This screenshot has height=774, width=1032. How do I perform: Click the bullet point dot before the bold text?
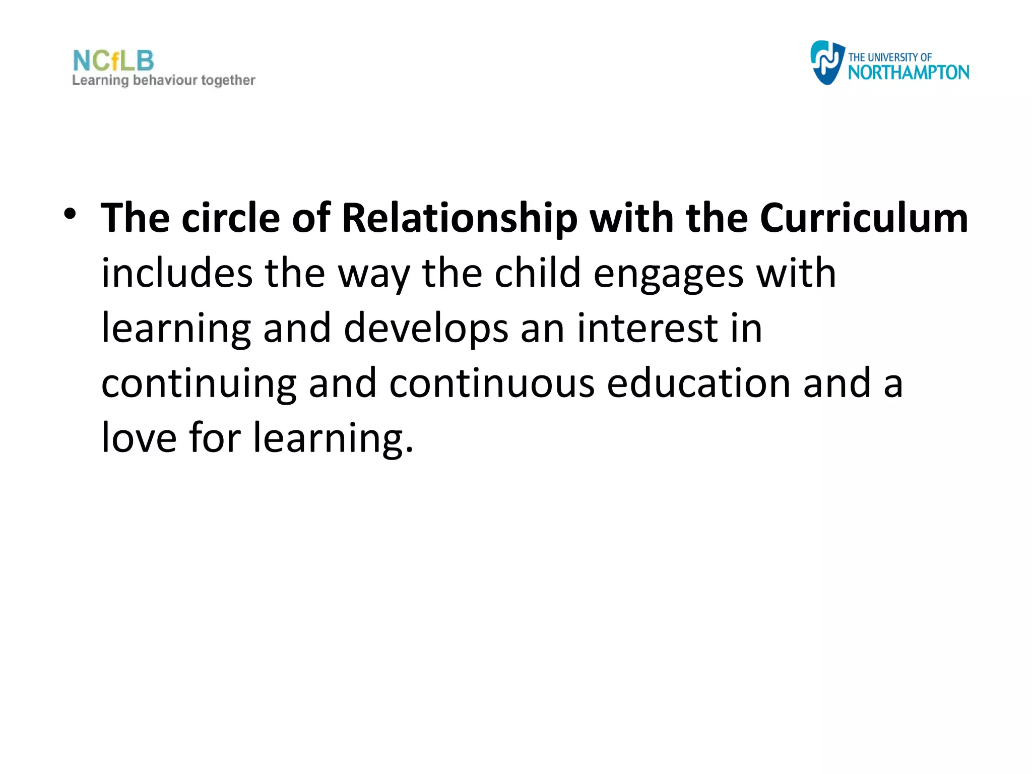pyautogui.click(x=70, y=215)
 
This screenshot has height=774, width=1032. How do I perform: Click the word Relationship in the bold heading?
pyautogui.click(x=459, y=219)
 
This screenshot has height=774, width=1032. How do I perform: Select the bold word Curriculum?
pyautogui.click(x=864, y=219)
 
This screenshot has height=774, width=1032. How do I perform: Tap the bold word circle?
pyautogui.click(x=231, y=219)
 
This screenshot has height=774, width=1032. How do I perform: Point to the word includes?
pyautogui.click(x=177, y=274)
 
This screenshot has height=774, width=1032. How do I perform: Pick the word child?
pyautogui.click(x=538, y=274)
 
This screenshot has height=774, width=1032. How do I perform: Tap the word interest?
pyautogui.click(x=647, y=329)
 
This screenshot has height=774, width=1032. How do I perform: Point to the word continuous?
pyautogui.click(x=492, y=383)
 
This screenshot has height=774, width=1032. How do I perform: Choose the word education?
pyautogui.click(x=698, y=383)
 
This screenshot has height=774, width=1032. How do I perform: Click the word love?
pyautogui.click(x=139, y=438)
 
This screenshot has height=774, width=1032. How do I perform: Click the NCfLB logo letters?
pyautogui.click(x=113, y=61)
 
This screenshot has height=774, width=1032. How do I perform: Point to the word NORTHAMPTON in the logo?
pyautogui.click(x=908, y=73)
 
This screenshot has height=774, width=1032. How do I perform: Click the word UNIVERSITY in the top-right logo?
pyautogui.click(x=892, y=57)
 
